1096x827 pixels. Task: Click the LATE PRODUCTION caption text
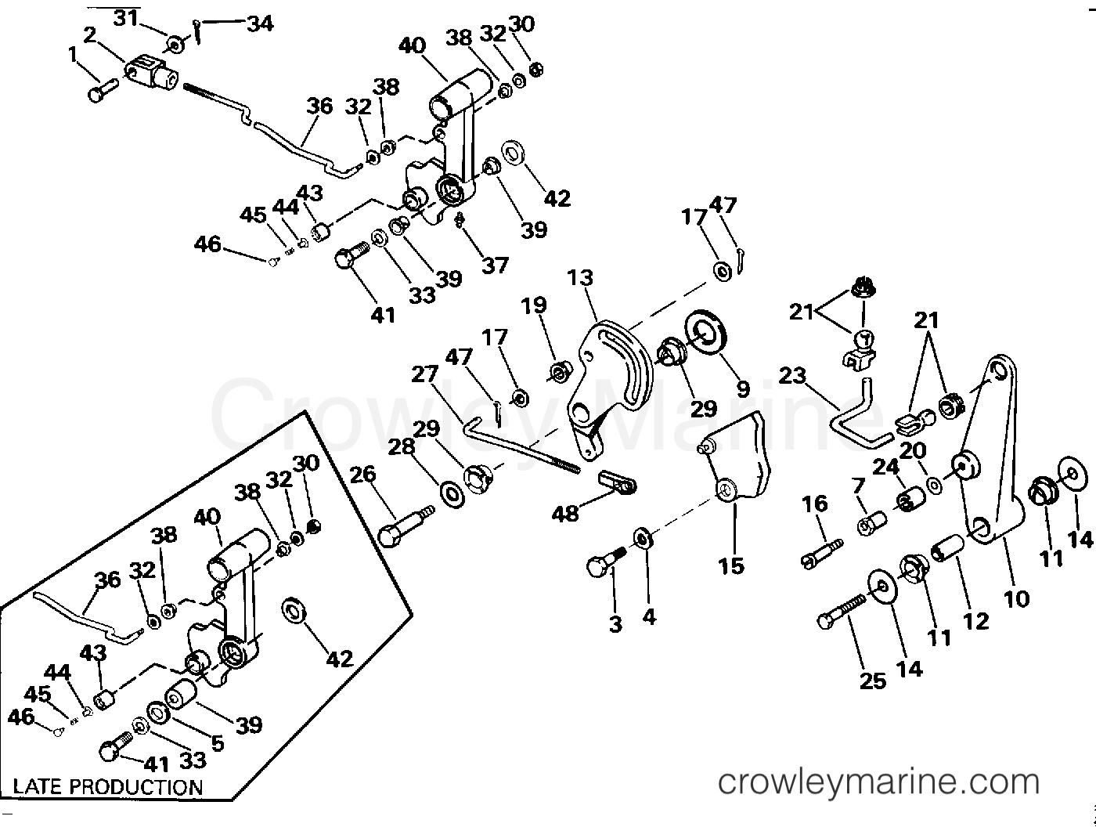pos(108,786)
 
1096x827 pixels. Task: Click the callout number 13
pos(580,278)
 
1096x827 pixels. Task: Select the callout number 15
pos(731,565)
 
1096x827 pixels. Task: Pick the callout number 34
pos(259,23)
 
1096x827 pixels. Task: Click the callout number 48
pos(565,513)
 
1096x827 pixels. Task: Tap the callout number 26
pos(362,475)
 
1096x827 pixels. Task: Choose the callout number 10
pos(1016,599)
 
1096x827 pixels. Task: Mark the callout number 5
pos(216,742)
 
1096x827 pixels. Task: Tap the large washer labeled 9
pos(707,330)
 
